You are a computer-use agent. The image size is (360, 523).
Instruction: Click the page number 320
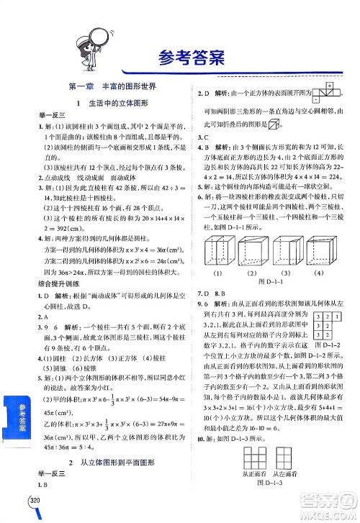(x=35, y=501)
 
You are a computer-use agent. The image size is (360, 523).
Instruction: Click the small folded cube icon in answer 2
(x=274, y=124)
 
